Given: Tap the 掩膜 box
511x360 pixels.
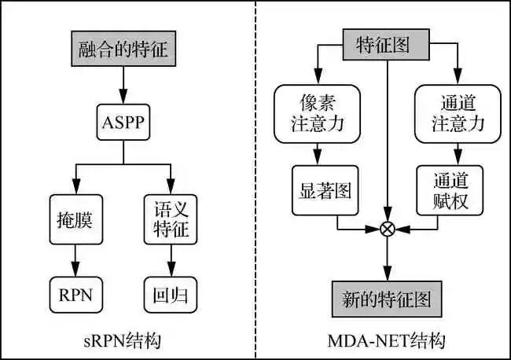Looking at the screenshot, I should click(75, 217).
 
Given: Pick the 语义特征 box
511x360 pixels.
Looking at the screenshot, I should click(171, 217).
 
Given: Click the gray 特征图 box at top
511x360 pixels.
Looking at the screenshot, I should click(388, 44).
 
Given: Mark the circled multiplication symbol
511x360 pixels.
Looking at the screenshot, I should click(388, 229).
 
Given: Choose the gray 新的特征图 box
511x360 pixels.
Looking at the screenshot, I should click(388, 298).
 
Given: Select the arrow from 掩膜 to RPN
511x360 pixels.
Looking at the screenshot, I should click(75, 259).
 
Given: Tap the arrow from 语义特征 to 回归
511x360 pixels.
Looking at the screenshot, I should click(171, 259).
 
